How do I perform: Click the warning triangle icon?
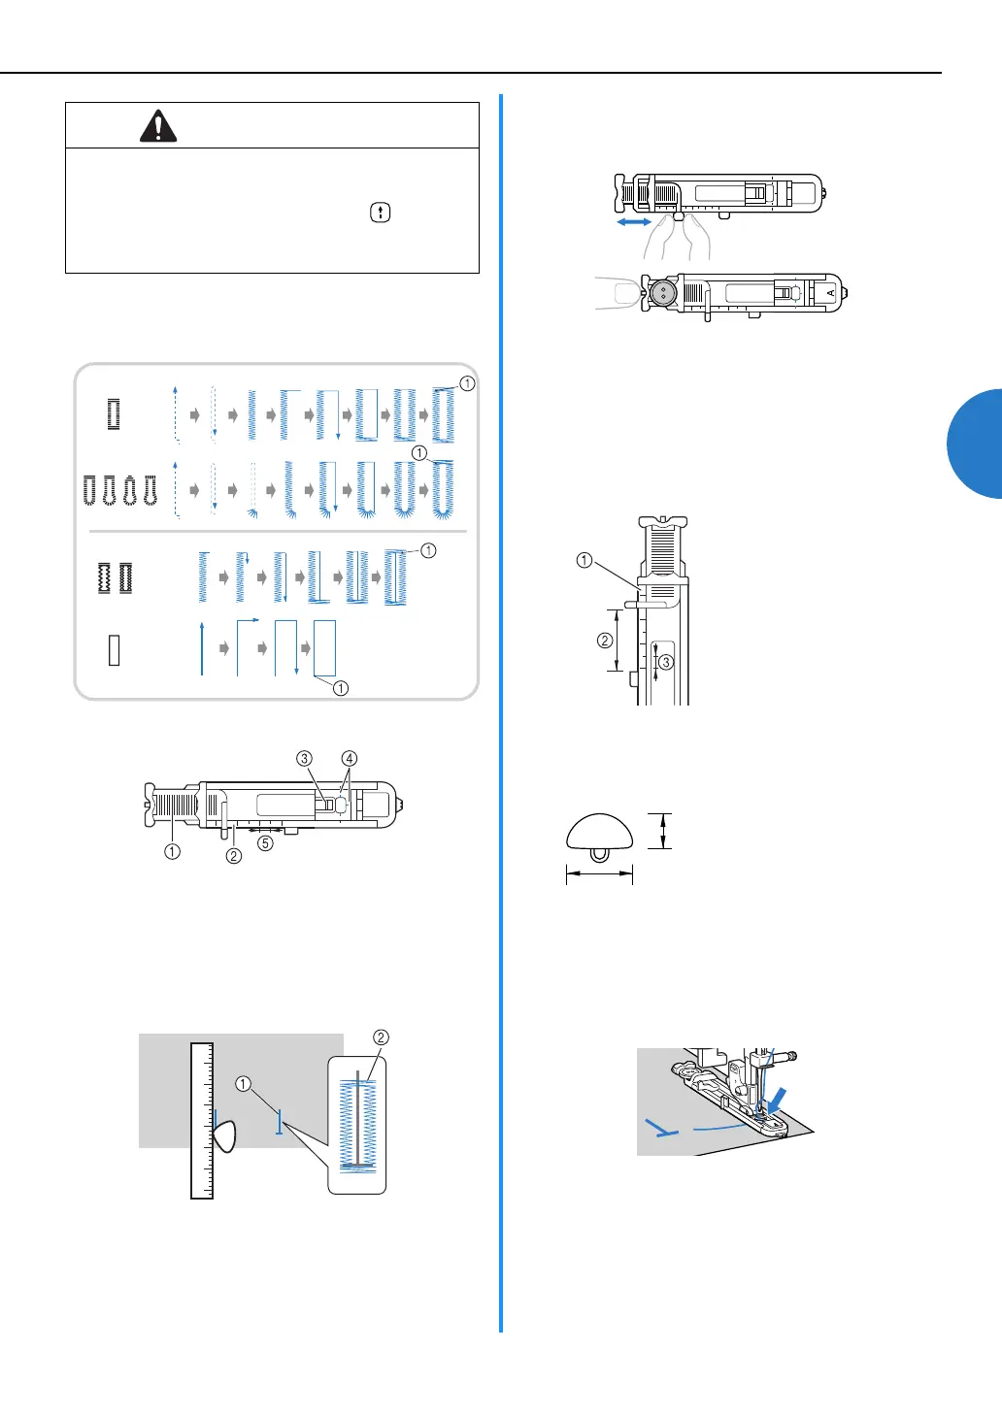tap(158, 126)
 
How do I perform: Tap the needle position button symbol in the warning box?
tap(381, 213)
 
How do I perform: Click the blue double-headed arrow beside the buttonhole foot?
tap(634, 222)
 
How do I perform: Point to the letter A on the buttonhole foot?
tap(831, 292)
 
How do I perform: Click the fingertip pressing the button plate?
tap(618, 293)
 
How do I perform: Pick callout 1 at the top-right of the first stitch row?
tap(467, 383)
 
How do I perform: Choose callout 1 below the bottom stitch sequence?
tap(341, 688)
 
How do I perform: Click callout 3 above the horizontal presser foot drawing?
tap(305, 759)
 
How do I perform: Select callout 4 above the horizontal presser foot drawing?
tap(350, 759)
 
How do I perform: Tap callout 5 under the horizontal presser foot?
tap(265, 843)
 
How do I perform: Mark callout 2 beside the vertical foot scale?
tap(605, 641)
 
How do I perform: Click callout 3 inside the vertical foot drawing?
tap(665, 662)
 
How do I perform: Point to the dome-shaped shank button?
tap(600, 834)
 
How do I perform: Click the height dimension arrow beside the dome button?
tap(663, 832)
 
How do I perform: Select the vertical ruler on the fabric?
tap(202, 1121)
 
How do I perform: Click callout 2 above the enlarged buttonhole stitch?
tap(381, 1037)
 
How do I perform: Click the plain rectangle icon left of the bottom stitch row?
tap(115, 649)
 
